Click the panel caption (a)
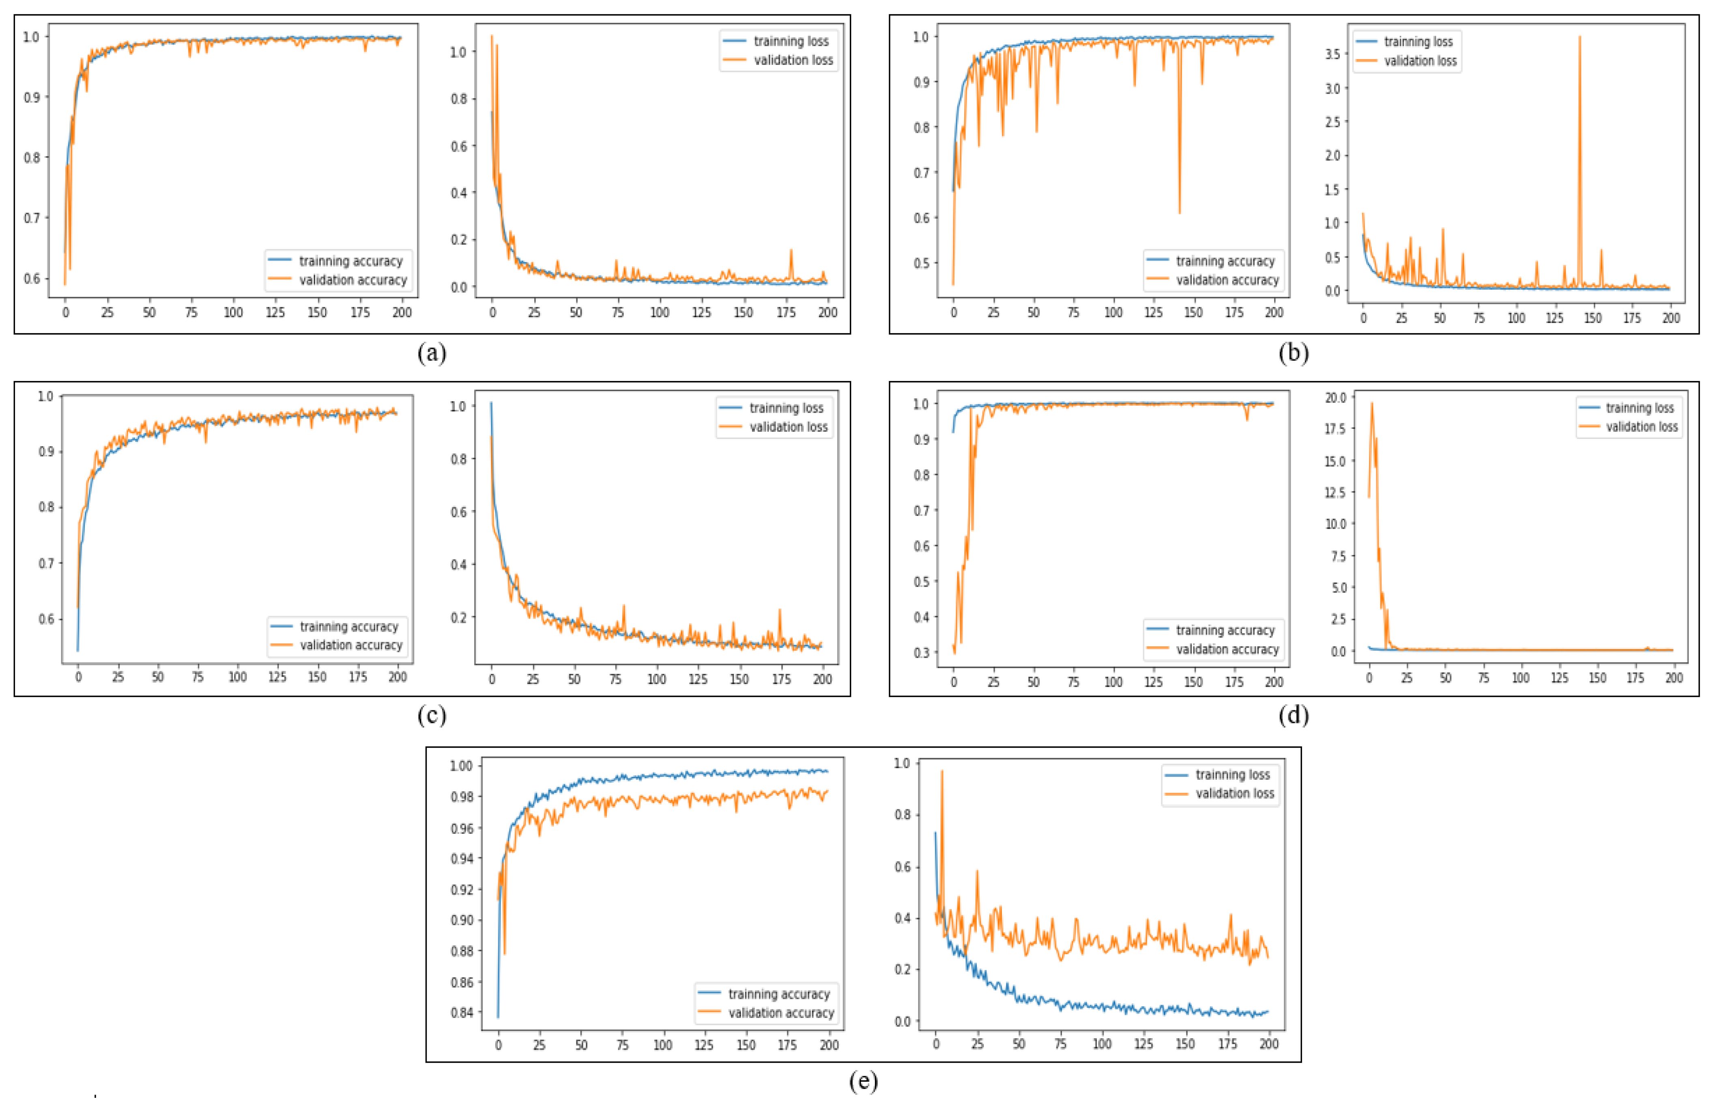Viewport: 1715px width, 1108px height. [x=432, y=353]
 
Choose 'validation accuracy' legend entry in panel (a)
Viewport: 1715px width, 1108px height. [x=352, y=280]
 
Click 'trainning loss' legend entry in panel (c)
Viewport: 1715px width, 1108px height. [x=786, y=408]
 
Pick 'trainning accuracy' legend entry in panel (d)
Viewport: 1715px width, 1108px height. [x=1225, y=630]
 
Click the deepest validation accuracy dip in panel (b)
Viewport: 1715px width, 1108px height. [x=1179, y=212]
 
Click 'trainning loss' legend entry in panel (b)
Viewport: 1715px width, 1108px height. [x=1418, y=42]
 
